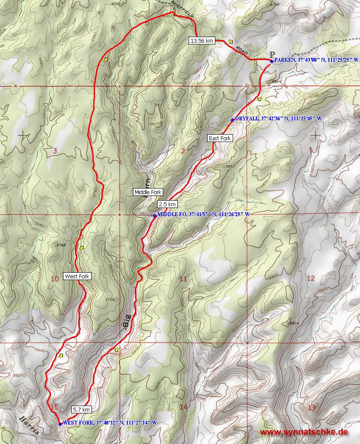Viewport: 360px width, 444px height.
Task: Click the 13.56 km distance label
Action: (x=202, y=41)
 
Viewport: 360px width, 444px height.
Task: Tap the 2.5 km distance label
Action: (x=167, y=204)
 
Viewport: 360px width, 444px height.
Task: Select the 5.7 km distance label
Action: (x=81, y=409)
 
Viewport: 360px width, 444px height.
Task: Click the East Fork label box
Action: (x=220, y=138)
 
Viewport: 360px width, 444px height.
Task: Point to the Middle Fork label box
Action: (x=148, y=192)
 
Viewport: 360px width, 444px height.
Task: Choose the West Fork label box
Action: (x=77, y=276)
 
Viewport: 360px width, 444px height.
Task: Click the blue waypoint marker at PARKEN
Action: (x=271, y=61)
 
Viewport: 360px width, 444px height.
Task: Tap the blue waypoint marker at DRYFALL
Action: (x=232, y=120)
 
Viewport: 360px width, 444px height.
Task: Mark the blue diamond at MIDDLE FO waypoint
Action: (x=155, y=216)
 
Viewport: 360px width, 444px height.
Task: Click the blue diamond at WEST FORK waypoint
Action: (x=60, y=424)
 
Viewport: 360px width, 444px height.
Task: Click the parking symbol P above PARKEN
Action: (x=272, y=54)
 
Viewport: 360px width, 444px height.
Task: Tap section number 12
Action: (x=310, y=278)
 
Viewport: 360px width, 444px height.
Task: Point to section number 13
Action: (x=312, y=408)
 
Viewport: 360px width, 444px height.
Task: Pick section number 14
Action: (x=183, y=407)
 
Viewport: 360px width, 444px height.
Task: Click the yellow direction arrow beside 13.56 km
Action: (x=231, y=41)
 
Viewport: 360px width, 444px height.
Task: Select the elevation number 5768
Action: (x=61, y=245)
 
